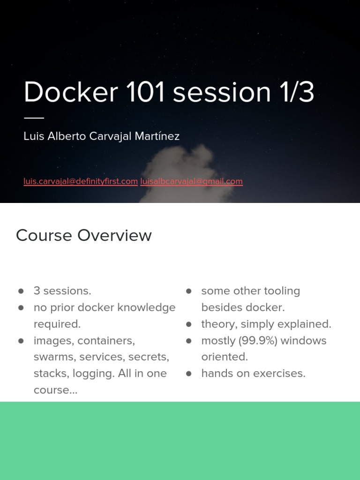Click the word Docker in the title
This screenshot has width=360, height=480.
tap(71, 92)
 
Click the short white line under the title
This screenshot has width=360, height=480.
tap(34, 118)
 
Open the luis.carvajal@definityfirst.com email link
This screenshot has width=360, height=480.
tap(81, 181)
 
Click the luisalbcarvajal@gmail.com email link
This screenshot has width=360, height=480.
tap(191, 181)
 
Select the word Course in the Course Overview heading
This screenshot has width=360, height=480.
tap(45, 235)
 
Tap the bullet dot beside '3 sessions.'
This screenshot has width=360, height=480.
tap(21, 291)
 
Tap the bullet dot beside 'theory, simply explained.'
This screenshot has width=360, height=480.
tap(189, 324)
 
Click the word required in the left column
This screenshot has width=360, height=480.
tap(57, 324)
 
